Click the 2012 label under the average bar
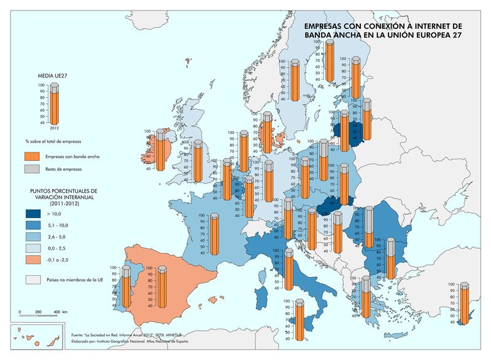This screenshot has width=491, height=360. coord(54,128)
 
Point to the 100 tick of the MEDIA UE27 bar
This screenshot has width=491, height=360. coord(42,85)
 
